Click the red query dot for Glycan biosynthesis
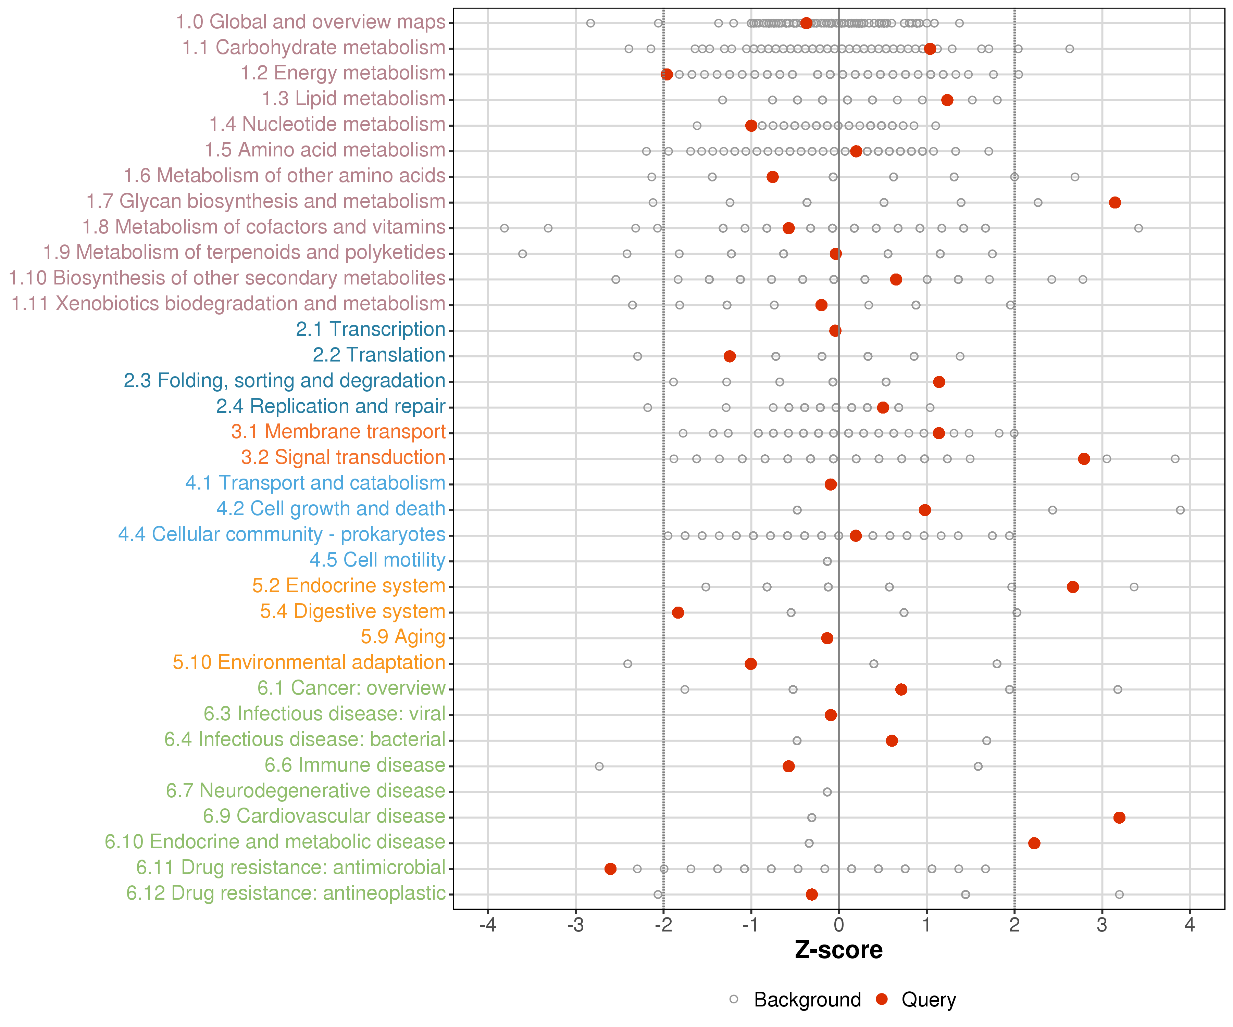1114,202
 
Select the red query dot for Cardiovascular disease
1119,817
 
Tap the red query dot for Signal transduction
1084,458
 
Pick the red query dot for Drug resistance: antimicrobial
611,868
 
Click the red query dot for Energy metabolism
667,75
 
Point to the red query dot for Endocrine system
1073,587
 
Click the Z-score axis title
838,950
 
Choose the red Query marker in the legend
881,999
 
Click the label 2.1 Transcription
371,329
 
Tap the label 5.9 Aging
403,637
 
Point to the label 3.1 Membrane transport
338,432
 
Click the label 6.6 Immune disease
354,765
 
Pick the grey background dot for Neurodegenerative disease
827,792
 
